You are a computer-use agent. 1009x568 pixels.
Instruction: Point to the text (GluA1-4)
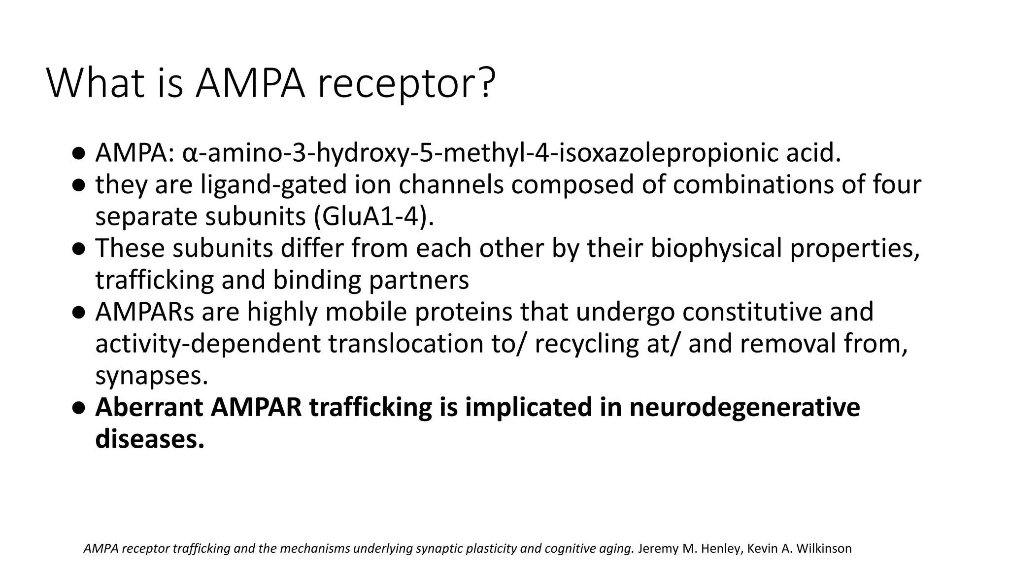374,216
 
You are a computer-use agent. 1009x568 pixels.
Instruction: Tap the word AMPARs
145,312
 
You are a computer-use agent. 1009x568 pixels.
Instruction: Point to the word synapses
151,376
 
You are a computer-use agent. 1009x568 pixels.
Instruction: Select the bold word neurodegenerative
744,407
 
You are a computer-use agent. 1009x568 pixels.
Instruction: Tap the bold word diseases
149,439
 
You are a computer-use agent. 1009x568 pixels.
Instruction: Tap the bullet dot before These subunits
78,248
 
